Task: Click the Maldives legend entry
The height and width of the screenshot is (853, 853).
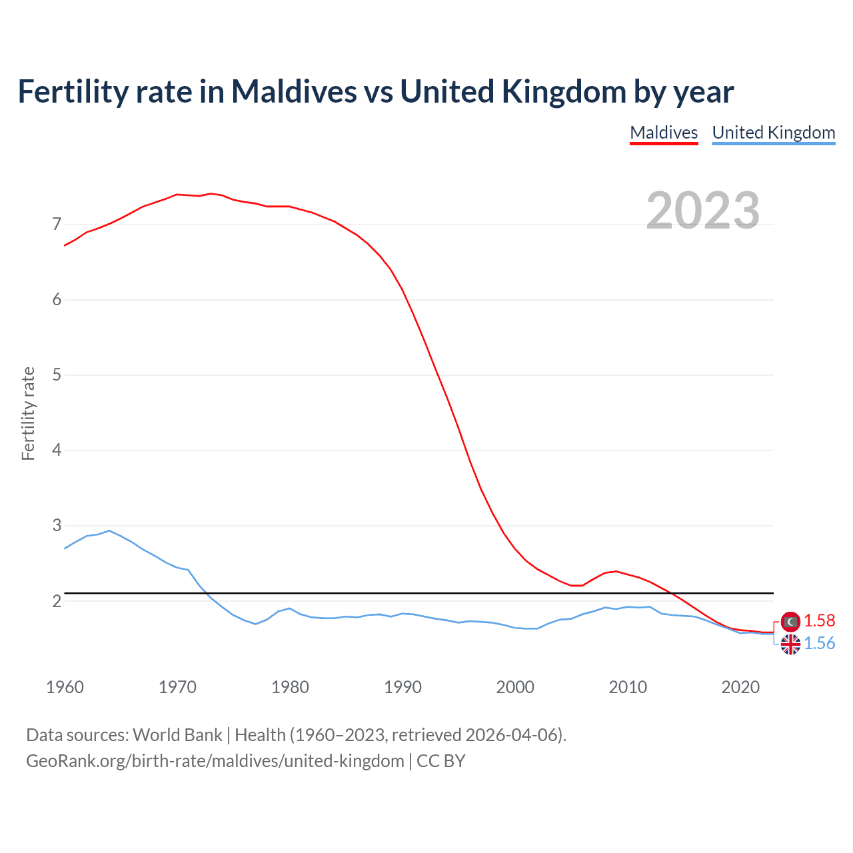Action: pyautogui.click(x=664, y=133)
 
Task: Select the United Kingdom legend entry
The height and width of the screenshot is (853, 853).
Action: pyautogui.click(x=773, y=133)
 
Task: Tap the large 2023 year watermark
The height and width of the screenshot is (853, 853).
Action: pyautogui.click(x=702, y=211)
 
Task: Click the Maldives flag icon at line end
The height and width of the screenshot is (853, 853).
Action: pyautogui.click(x=790, y=622)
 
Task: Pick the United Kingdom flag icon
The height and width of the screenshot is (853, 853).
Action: pyautogui.click(x=790, y=644)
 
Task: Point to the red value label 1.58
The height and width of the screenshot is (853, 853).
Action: pyautogui.click(x=819, y=621)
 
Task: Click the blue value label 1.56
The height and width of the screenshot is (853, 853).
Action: pyautogui.click(x=819, y=644)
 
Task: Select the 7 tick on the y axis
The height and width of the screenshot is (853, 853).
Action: pyautogui.click(x=57, y=225)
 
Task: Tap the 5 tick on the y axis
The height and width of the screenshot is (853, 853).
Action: pyautogui.click(x=57, y=375)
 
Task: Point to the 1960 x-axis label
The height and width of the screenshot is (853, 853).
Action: pyautogui.click(x=65, y=687)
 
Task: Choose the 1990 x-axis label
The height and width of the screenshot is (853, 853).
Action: pyautogui.click(x=403, y=687)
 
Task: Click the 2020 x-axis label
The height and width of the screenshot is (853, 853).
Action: pyautogui.click(x=740, y=687)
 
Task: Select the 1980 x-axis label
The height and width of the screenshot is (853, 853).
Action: pyautogui.click(x=290, y=687)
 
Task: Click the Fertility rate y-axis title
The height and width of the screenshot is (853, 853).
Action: pyautogui.click(x=28, y=413)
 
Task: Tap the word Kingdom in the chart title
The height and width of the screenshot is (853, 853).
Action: pyautogui.click(x=564, y=92)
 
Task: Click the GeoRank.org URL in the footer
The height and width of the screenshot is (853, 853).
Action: pyautogui.click(x=215, y=761)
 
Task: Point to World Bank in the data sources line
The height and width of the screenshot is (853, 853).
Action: pyautogui.click(x=177, y=735)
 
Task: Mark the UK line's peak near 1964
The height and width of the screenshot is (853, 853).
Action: pyautogui.click(x=109, y=530)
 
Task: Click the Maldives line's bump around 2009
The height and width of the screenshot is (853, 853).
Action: pyautogui.click(x=616, y=571)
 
